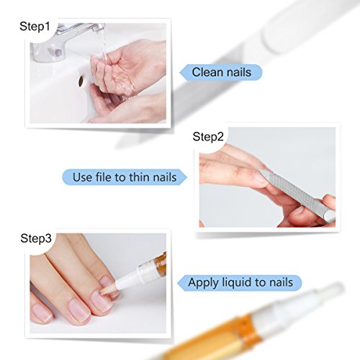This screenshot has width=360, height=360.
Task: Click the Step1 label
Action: [x=35, y=26]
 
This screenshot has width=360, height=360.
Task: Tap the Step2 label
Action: [x=208, y=137]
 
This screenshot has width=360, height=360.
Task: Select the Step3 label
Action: [x=36, y=238]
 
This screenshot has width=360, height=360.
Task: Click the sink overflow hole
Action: [x=81, y=81]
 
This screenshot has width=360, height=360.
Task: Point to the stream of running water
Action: [x=103, y=45]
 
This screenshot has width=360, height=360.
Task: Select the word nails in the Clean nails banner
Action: [x=238, y=72]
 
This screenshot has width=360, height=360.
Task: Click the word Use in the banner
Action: [x=82, y=177]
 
